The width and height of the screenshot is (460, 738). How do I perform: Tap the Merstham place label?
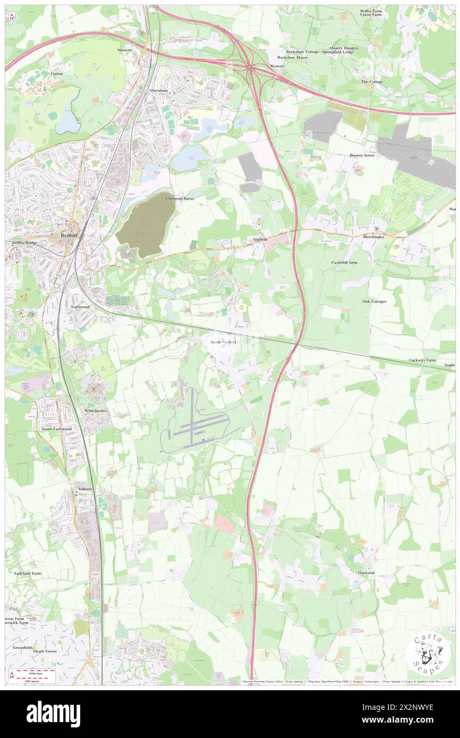pyautogui.click(x=158, y=91)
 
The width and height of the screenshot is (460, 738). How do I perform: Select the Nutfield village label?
pyautogui.click(x=260, y=239)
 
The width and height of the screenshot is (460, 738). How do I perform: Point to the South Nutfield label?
pyautogui.click(x=223, y=342)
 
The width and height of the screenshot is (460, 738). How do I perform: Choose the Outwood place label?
pyautogui.click(x=366, y=573)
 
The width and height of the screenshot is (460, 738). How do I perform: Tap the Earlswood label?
pyautogui.click(x=81, y=307)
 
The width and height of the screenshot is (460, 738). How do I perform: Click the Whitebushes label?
pyautogui.click(x=96, y=411)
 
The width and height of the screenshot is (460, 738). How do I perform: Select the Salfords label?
pyautogui.click(x=84, y=488)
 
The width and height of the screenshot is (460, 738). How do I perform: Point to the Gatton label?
pyautogui.click(x=56, y=73)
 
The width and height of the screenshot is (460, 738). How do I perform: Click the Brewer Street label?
pyautogui.click(x=362, y=155)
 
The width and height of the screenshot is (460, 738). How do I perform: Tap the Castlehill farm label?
pyautogui.click(x=344, y=262)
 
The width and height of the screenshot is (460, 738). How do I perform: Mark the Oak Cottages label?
pyautogui.click(x=374, y=301)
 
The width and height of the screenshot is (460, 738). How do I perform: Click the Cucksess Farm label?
pyautogui.click(x=423, y=360)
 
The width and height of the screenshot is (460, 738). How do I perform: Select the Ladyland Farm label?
pyautogui.click(x=28, y=573)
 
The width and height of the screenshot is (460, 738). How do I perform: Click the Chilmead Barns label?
pyautogui.click(x=180, y=198)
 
